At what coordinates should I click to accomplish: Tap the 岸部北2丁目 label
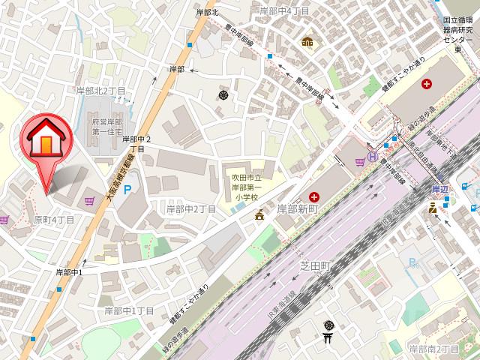point(100,90)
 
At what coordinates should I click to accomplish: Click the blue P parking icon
point(127,190)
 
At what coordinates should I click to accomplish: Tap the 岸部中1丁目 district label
point(129,310)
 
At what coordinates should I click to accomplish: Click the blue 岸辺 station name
point(439,190)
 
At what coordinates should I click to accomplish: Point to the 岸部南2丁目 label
point(433,349)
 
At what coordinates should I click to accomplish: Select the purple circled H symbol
point(371,157)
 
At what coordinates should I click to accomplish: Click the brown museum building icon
point(306,41)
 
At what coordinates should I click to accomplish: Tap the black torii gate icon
point(328,338)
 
